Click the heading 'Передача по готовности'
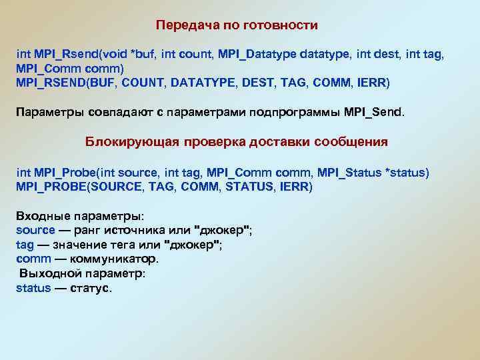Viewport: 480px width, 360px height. pos(237,25)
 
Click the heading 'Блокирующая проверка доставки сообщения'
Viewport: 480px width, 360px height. pos(237,142)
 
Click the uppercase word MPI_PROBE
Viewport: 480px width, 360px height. pos(51,187)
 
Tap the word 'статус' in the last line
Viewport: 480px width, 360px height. pos(91,288)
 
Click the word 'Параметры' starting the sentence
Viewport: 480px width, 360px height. pos(47,111)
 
